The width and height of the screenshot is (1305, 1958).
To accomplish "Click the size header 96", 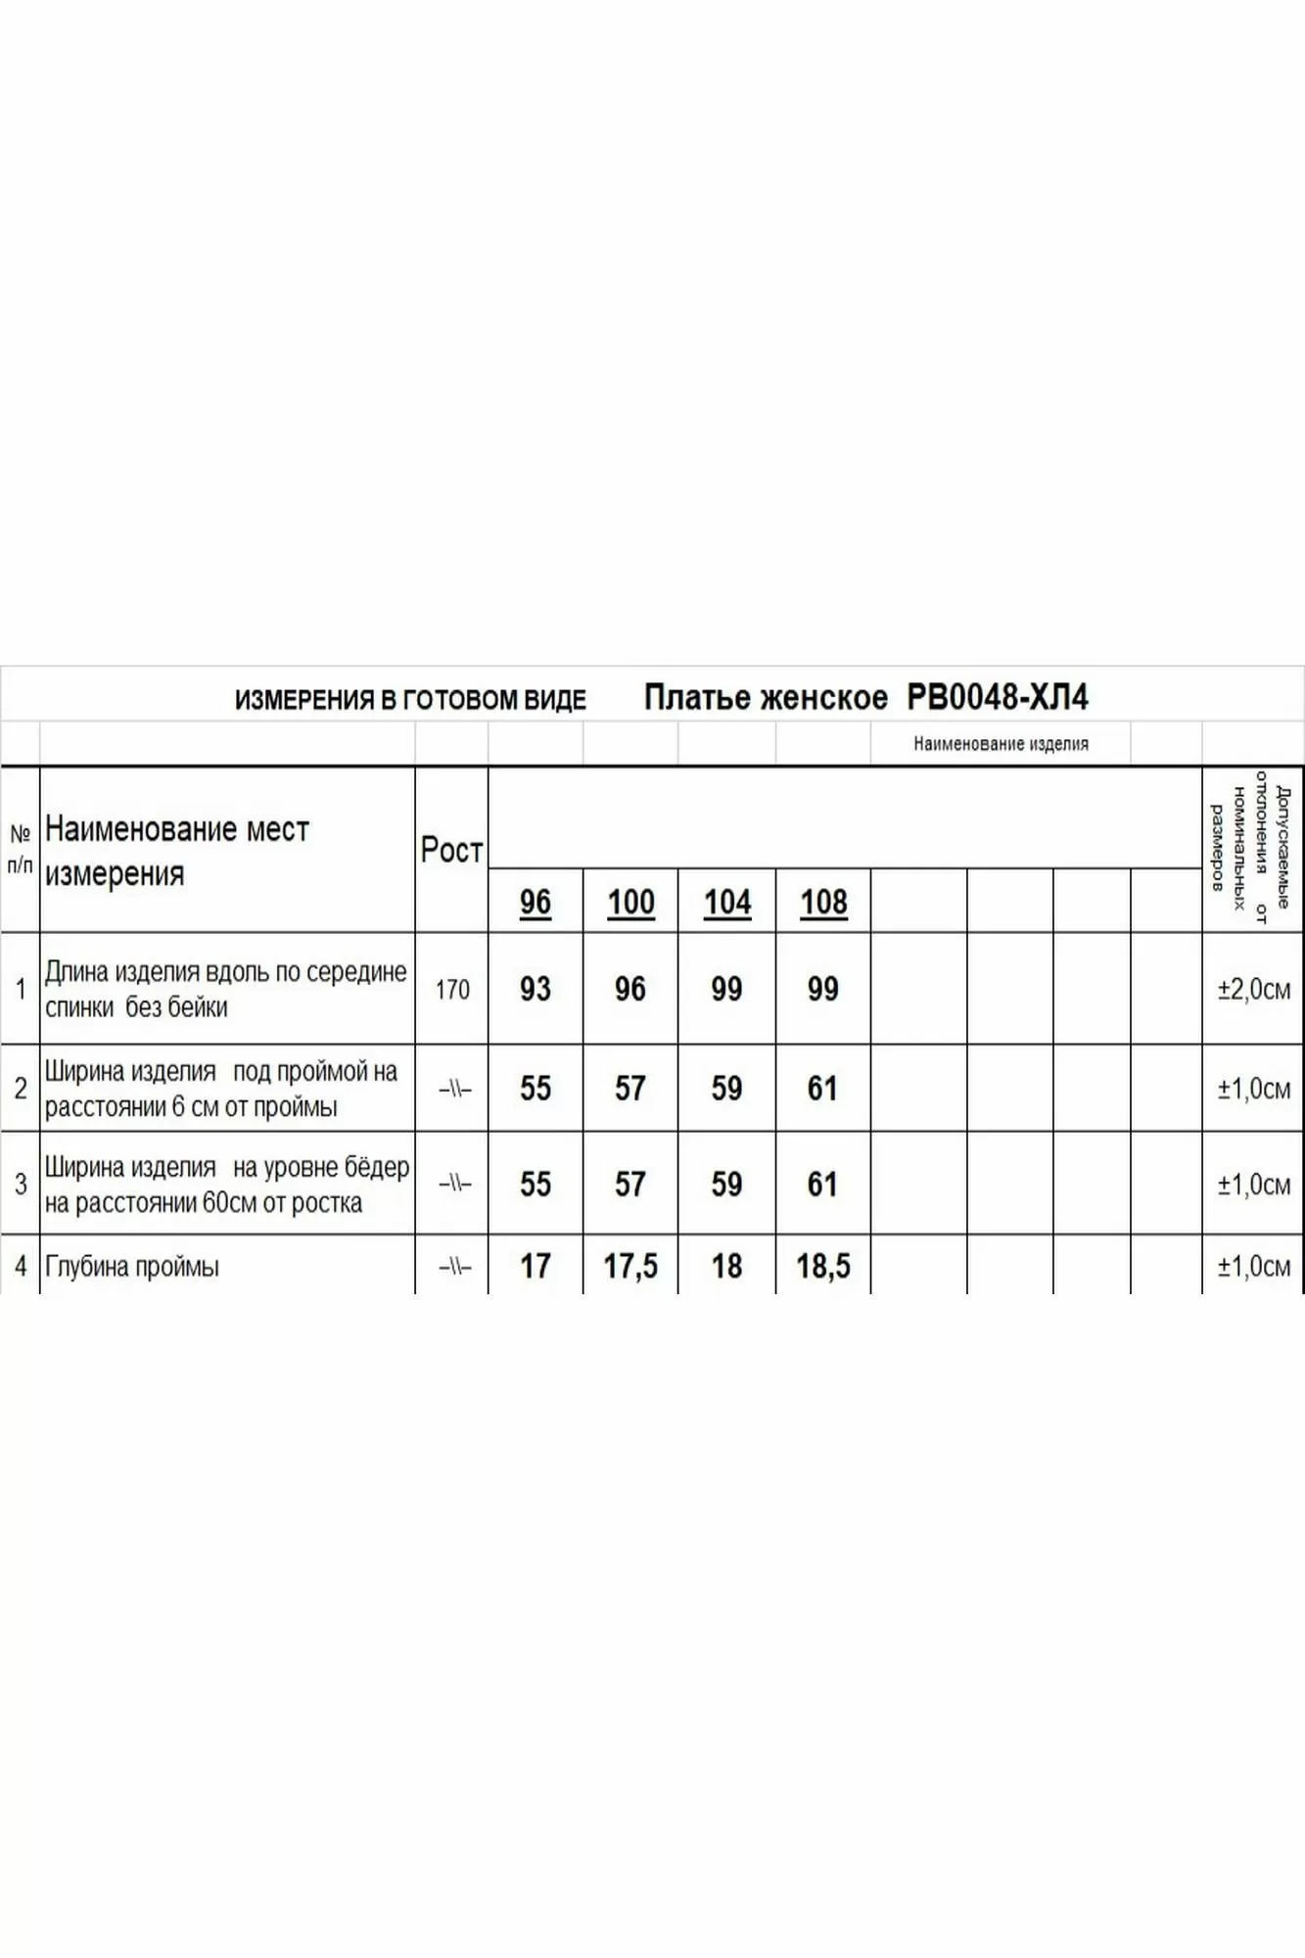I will (x=536, y=902).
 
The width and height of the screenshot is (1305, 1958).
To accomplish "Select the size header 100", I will (x=630, y=902).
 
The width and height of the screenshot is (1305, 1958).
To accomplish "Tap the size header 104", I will (x=727, y=902).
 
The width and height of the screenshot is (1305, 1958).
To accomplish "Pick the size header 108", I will (x=823, y=902).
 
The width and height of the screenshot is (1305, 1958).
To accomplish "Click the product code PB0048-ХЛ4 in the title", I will (x=998, y=698).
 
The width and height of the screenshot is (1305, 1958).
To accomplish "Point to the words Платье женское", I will (x=766, y=698).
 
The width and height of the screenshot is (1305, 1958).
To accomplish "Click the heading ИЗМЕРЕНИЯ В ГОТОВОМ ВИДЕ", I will (x=410, y=700).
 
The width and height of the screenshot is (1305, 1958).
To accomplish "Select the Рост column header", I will (x=451, y=850).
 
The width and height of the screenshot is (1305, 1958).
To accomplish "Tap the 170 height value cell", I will (x=452, y=990).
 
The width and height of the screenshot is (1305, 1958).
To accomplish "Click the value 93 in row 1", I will (x=536, y=989).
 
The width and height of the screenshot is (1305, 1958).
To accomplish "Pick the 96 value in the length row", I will (x=630, y=989).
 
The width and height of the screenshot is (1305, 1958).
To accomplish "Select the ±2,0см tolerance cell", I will (x=1253, y=990).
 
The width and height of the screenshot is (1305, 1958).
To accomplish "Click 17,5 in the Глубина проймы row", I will (x=630, y=1266).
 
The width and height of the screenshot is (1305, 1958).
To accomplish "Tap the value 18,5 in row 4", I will (x=823, y=1266).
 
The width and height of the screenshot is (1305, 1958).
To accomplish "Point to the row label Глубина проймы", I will (x=132, y=1267).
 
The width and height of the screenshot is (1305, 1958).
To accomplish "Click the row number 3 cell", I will (x=21, y=1184).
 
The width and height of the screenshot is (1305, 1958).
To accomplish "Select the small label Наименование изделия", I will (x=1001, y=744).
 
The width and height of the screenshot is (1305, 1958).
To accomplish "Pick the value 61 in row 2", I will (x=822, y=1089).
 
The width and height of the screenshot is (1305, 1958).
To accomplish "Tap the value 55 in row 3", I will (x=536, y=1185).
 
